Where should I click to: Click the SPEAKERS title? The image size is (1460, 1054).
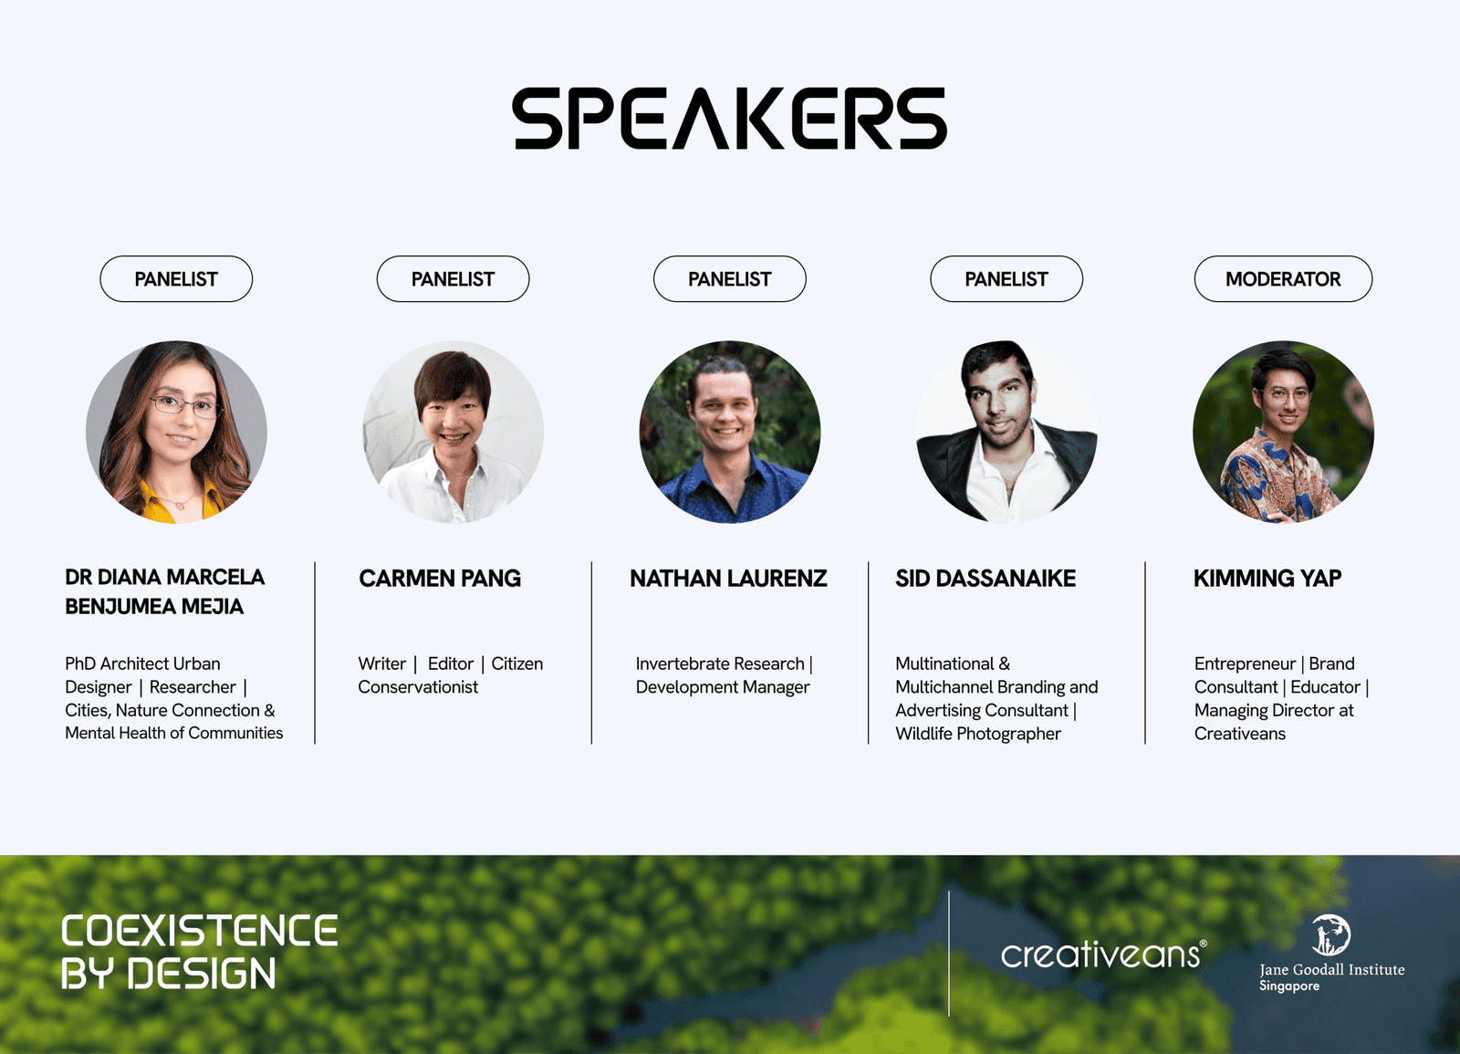729,118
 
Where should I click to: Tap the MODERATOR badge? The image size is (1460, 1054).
1283,279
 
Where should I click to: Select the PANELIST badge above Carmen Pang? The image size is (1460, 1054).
453,279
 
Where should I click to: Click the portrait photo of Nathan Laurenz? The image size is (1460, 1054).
729,432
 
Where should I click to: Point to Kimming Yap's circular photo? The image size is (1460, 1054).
1283,432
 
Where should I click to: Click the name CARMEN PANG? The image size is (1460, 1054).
440,579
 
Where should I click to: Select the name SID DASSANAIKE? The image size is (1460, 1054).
985,579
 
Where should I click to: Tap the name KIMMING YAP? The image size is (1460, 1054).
1267,579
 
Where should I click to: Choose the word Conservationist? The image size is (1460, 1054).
418,687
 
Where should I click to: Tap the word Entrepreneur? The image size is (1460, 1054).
1245,663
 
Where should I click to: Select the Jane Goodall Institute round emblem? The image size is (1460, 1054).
1331,934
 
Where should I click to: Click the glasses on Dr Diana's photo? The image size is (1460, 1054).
187,406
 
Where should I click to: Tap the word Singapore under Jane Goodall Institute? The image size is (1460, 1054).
1289,986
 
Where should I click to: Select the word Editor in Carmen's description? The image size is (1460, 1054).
451,663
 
